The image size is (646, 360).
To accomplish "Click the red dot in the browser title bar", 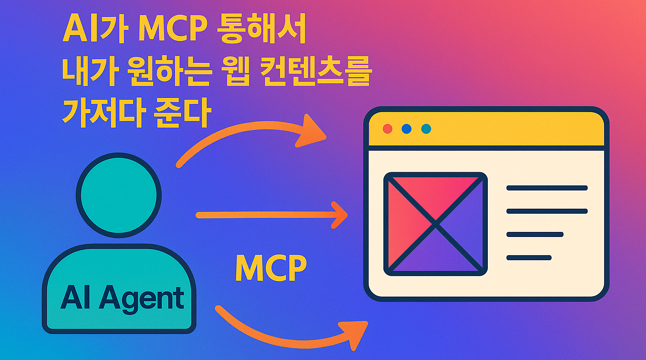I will tap(388, 129).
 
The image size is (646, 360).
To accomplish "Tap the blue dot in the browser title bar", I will tap(407, 129).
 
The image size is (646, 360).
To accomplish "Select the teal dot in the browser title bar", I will tap(426, 129).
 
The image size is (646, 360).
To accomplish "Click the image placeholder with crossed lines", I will tap(435, 224).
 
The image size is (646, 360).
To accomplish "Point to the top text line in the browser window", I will tap(547, 188).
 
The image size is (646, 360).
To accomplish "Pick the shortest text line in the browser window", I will tap(529, 257).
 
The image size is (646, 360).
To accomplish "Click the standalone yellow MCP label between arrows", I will tap(271, 268).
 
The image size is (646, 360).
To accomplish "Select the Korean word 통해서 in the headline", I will tap(260, 31).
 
